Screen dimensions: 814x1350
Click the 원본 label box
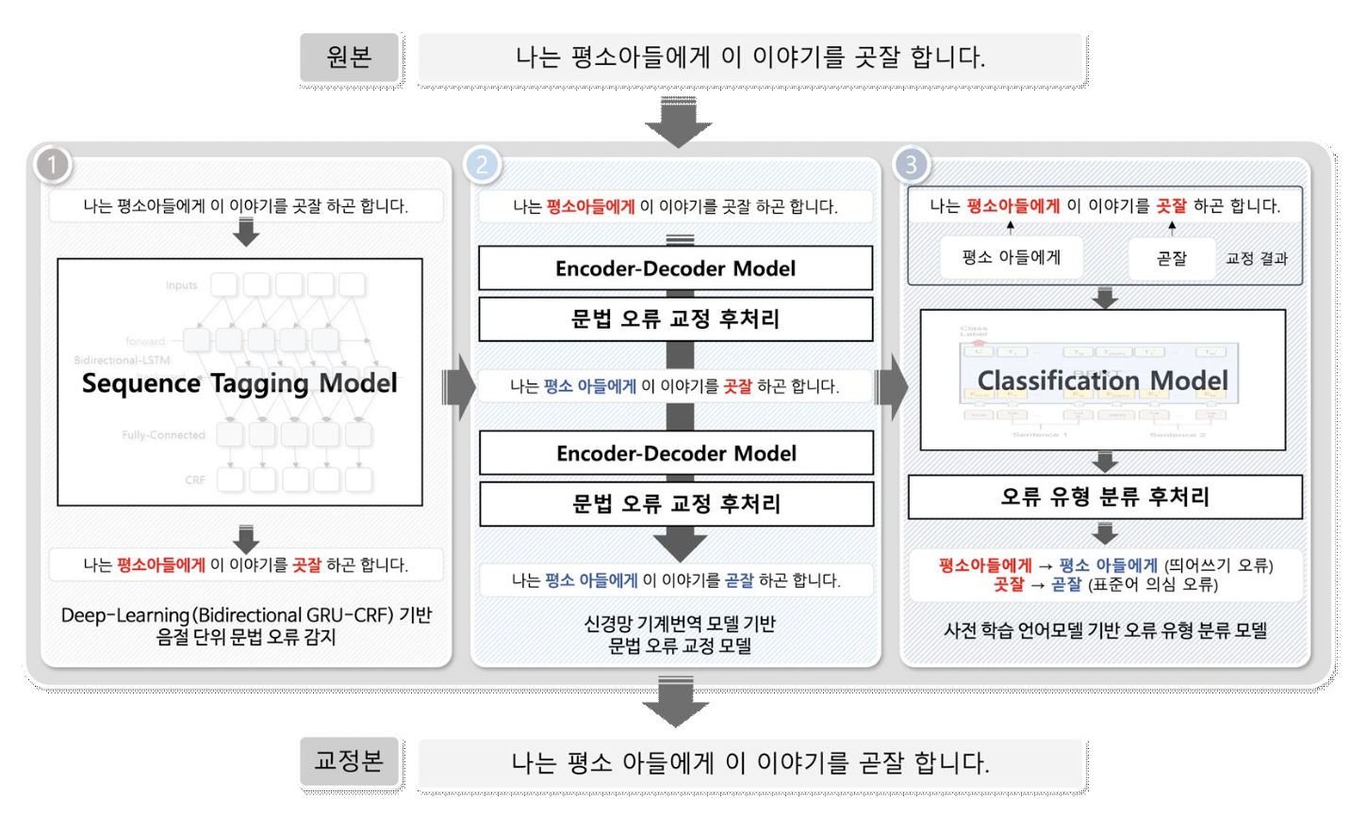pyautogui.click(x=350, y=57)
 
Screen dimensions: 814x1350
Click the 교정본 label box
pyautogui.click(x=350, y=761)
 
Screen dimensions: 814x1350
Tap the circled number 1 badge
pyautogui.click(x=53, y=165)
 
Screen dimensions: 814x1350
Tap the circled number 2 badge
pyautogui.click(x=482, y=165)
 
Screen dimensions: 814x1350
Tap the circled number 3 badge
pyautogui.click(x=911, y=165)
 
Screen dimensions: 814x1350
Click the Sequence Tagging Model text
pyautogui.click(x=239, y=383)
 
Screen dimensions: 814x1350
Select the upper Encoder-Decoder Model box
pyautogui.click(x=675, y=269)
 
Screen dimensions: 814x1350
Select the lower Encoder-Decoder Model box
pyautogui.click(x=676, y=453)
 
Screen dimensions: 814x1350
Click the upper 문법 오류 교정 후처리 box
pyautogui.click(x=675, y=319)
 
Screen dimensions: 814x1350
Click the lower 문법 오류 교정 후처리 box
pyautogui.click(x=676, y=504)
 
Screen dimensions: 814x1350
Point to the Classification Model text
pyautogui.click(x=1102, y=381)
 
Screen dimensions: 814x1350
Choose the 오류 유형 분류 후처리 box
pyautogui.click(x=1104, y=497)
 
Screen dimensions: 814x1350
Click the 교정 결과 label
pyautogui.click(x=1256, y=258)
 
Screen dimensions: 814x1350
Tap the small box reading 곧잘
pyautogui.click(x=1171, y=258)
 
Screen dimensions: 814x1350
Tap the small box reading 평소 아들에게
pyautogui.click(x=1011, y=257)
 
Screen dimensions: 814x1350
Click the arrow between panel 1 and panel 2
pyautogui.click(x=459, y=386)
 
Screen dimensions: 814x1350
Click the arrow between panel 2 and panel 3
pyautogui.click(x=891, y=386)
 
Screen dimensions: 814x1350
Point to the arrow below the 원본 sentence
pyautogui.click(x=678, y=122)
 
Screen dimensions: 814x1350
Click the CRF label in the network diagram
pyautogui.click(x=195, y=480)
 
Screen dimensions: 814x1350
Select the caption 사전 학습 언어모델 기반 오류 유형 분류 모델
pyautogui.click(x=1105, y=630)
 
